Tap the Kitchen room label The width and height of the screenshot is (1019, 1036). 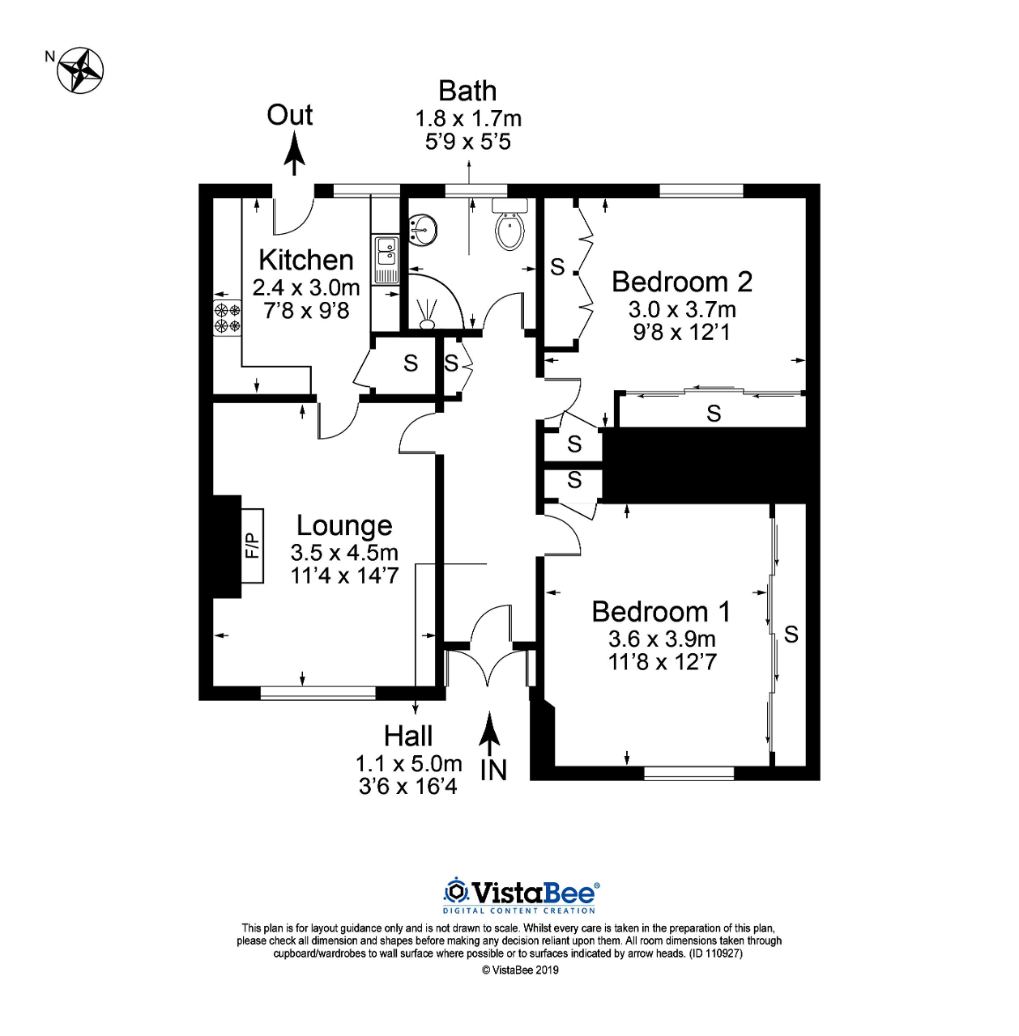click(305, 260)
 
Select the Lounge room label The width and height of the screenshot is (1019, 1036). click(344, 525)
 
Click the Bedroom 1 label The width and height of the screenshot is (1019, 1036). click(661, 612)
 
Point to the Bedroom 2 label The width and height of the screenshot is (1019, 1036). click(681, 282)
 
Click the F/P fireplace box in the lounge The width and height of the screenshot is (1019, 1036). click(253, 546)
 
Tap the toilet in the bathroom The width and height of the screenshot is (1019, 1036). click(509, 228)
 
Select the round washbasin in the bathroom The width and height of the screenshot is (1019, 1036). click(422, 230)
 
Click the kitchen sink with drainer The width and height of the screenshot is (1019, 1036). click(386, 259)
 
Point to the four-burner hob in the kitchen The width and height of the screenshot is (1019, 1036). click(227, 317)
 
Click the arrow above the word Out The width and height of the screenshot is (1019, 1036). click(294, 155)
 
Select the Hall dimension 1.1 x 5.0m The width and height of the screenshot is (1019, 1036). click(408, 763)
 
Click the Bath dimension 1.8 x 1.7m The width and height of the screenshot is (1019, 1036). click(468, 119)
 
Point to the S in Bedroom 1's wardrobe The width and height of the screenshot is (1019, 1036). click(791, 635)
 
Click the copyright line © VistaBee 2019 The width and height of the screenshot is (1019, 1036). click(520, 970)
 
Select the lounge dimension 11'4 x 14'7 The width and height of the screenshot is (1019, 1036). click(344, 575)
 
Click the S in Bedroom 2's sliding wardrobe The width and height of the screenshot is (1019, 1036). click(714, 414)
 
